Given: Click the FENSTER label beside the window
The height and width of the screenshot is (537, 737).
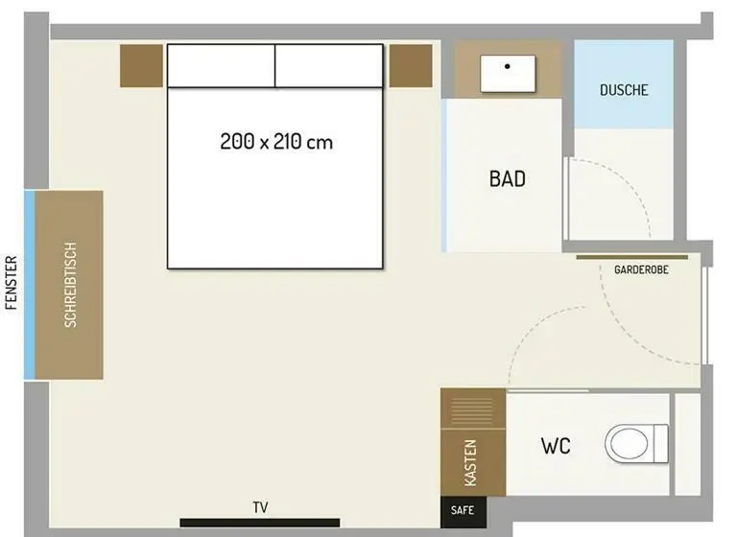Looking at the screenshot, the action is coord(12,283).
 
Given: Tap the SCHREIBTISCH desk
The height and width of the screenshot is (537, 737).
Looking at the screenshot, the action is coord(69,285).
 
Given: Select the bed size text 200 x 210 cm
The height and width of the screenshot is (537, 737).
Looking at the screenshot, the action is coord(276,141).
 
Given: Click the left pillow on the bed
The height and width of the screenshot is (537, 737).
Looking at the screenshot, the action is coord(221,66).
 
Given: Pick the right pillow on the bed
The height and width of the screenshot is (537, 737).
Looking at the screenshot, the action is coord(329,66).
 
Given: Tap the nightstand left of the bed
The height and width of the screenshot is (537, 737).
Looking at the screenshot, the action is coord(141,66).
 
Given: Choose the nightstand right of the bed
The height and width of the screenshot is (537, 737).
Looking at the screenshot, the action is coord(411,66).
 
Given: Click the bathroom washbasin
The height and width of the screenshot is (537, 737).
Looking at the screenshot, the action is coord(508,73).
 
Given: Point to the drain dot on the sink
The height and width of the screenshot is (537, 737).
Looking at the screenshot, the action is coord(507,66).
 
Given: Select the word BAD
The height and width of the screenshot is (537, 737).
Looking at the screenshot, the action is coord(508,179).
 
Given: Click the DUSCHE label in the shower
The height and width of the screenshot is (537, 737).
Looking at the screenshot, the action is coord(624,90).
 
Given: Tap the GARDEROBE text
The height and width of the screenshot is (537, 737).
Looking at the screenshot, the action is coord(641,269).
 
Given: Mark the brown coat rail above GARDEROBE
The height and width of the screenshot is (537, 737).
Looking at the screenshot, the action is coord(632,257).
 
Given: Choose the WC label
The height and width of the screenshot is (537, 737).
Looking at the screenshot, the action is coord(556,446).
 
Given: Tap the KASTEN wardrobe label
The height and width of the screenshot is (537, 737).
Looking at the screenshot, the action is coord(470,463).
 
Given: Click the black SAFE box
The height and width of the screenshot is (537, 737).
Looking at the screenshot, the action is coord(463,512).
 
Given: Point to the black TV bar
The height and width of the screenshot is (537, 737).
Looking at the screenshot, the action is coord(260,523).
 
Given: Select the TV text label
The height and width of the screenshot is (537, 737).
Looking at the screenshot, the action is coord(260,507).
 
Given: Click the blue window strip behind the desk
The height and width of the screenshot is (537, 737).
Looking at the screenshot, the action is coord(30,285).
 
